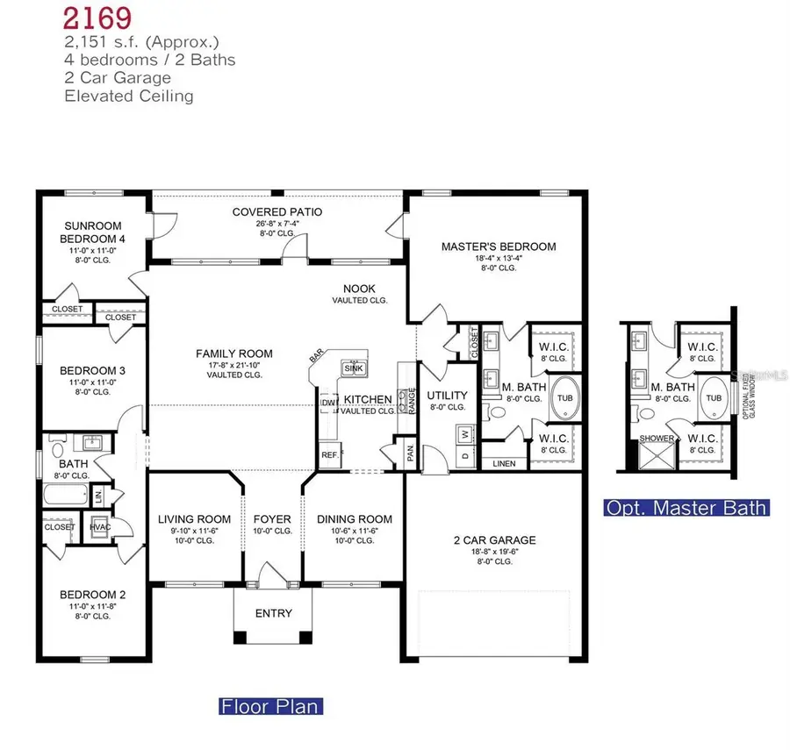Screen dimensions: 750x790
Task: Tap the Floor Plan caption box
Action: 269,705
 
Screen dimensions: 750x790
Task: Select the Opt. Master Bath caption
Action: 686,507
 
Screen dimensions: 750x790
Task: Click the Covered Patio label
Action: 276,212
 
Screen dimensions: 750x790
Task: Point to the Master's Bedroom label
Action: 498,246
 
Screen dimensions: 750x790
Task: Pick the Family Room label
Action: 233,354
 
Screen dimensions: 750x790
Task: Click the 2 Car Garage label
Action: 495,540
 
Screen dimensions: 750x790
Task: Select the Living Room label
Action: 194,518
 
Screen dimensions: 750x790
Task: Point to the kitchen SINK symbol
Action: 353,368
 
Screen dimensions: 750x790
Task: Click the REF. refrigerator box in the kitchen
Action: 329,455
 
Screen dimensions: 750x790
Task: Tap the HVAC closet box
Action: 99,528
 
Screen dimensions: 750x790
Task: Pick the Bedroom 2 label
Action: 84,582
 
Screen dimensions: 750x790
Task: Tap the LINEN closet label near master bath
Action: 504,463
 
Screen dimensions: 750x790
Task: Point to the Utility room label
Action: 447,396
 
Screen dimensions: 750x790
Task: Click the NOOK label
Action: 359,288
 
